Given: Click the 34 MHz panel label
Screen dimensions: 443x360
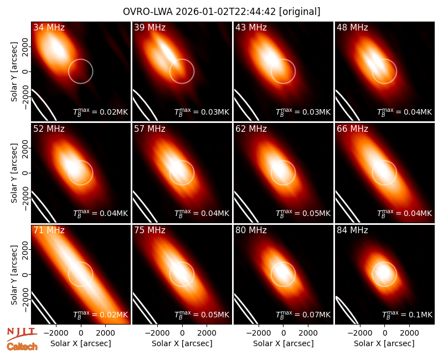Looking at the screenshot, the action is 49,27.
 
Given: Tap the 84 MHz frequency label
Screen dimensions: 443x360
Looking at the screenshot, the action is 352,230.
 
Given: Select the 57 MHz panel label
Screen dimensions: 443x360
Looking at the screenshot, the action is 150,129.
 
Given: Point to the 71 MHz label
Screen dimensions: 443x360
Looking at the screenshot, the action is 49,230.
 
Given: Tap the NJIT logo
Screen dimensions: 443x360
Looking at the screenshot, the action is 22,333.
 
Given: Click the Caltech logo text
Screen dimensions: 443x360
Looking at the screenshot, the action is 22,347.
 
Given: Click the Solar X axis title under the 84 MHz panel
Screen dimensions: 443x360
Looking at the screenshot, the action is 384,343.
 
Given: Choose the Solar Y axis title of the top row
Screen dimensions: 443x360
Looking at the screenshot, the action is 14,72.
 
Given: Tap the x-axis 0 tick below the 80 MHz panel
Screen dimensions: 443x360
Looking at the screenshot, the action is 284,333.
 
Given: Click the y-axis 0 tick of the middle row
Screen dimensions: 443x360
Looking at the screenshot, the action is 25,173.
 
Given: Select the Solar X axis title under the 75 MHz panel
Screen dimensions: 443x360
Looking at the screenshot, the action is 182,343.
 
